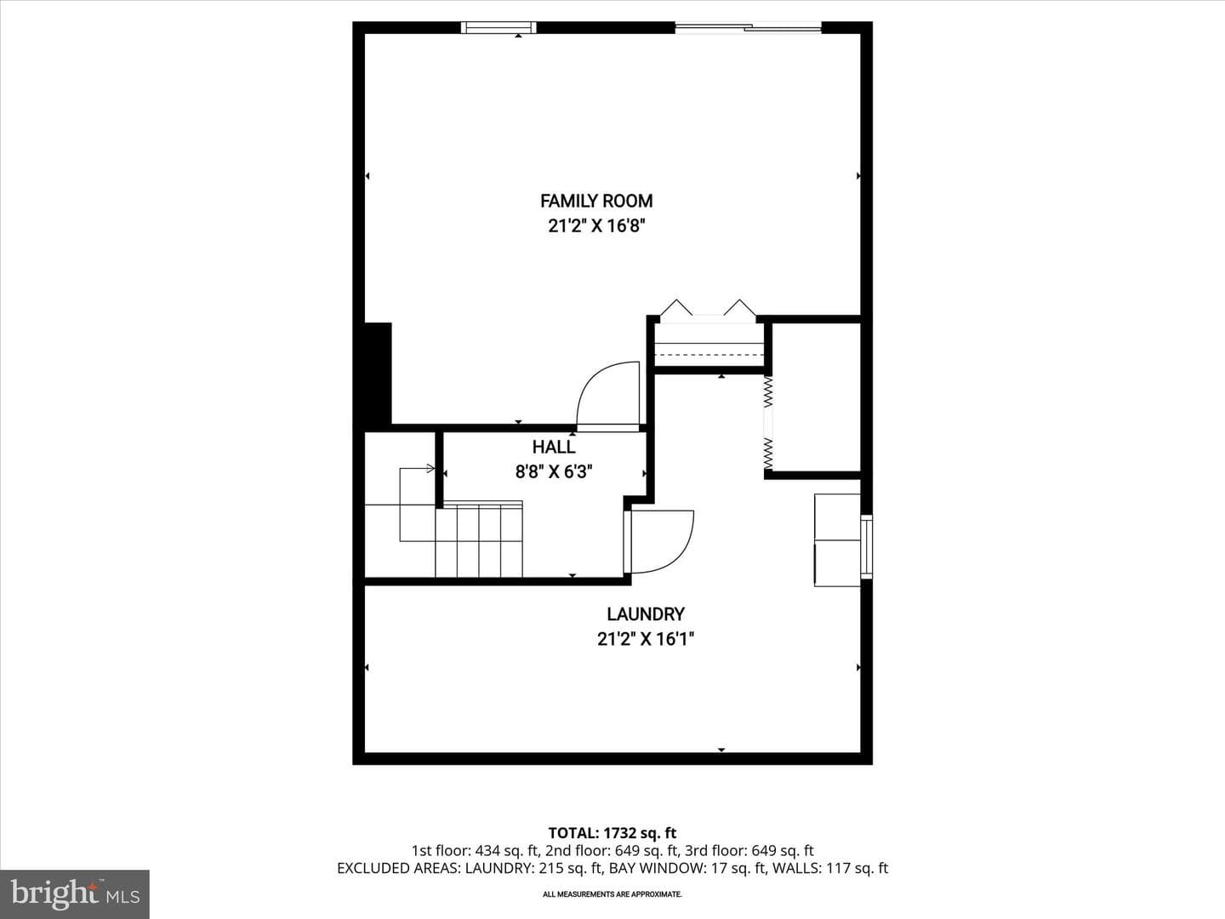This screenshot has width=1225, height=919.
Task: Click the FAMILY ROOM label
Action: (596, 201)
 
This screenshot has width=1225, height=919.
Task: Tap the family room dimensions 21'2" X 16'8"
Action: (596, 226)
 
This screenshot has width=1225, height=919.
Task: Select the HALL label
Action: (554, 447)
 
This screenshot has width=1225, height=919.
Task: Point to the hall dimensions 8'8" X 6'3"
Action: (554, 472)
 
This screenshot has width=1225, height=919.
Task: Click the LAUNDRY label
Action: (646, 614)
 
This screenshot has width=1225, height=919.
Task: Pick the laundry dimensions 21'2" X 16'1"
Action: (646, 639)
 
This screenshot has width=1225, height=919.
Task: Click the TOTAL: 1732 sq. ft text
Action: (612, 833)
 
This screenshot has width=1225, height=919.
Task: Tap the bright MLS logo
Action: (75, 893)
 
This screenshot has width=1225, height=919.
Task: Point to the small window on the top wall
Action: (499, 27)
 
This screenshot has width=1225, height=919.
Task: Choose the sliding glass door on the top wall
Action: (748, 26)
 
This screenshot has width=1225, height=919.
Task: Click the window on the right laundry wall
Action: (866, 546)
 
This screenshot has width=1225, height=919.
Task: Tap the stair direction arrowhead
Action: (430, 468)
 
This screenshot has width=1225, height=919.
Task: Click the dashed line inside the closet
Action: (709, 355)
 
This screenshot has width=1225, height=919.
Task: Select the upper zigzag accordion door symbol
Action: (768, 391)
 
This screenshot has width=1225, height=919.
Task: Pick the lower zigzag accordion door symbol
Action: (768, 453)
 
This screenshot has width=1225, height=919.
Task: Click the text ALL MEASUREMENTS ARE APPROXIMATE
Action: (612, 894)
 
